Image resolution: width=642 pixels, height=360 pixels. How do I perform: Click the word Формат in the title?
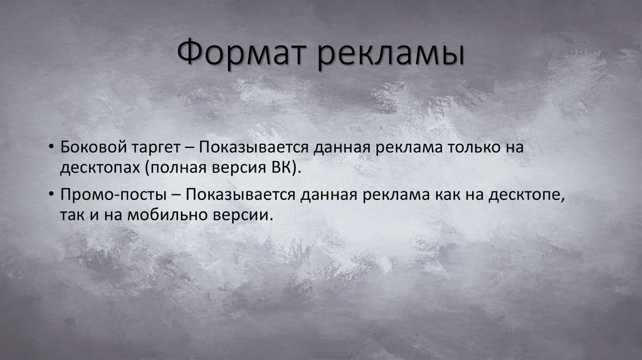coord(241,54)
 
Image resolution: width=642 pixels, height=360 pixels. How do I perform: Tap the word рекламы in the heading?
coord(389,54)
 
